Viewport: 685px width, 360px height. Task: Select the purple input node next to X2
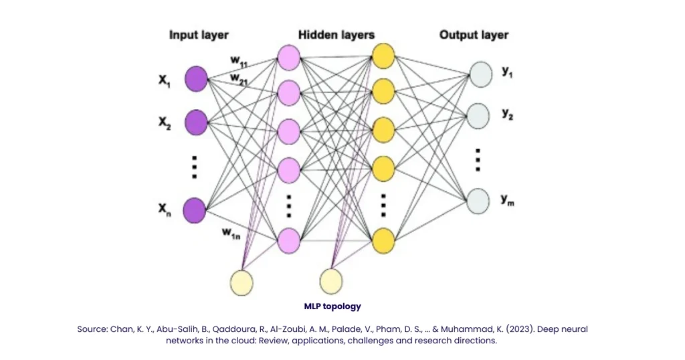click(195, 122)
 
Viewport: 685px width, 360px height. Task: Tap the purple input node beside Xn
click(195, 209)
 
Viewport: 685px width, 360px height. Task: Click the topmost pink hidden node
click(288, 56)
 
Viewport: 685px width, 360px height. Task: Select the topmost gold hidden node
click(383, 56)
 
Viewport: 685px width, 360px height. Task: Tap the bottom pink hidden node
click(288, 240)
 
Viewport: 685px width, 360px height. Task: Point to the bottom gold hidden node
click(383, 240)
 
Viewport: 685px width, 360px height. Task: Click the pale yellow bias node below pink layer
click(241, 282)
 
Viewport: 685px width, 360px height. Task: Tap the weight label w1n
click(231, 232)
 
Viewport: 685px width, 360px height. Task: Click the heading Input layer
click(199, 35)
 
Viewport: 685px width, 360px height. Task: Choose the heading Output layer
click(474, 35)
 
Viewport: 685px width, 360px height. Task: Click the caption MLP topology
click(332, 306)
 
